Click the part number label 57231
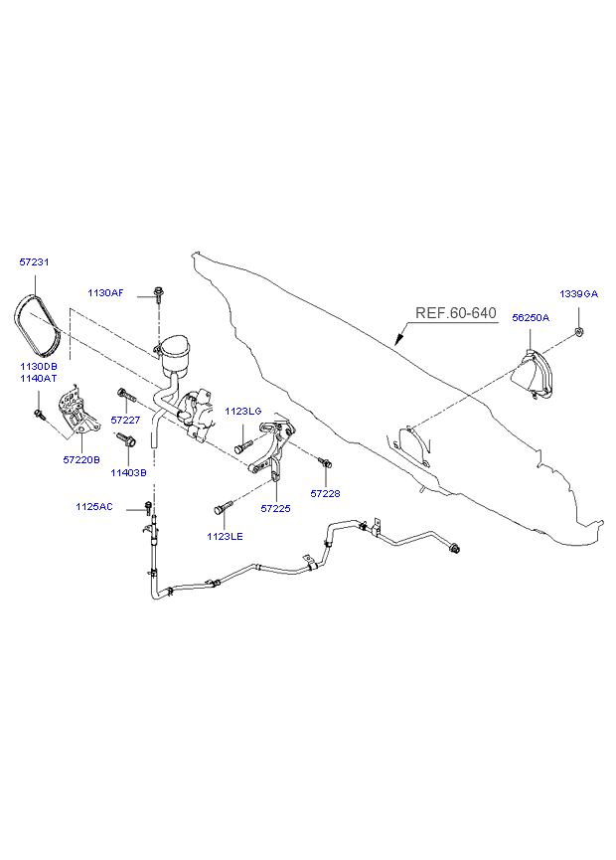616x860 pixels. click(34, 262)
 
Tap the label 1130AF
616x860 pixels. click(105, 293)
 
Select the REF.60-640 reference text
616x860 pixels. click(455, 313)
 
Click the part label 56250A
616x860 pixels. click(531, 317)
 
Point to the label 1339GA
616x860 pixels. click(578, 294)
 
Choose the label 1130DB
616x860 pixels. click(39, 367)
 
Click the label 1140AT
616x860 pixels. click(39, 379)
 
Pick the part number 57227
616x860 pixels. click(126, 421)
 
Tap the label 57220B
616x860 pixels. click(80, 461)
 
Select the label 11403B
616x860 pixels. click(128, 473)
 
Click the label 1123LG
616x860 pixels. click(242, 412)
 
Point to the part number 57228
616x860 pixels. click(325, 494)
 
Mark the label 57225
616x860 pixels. click(275, 508)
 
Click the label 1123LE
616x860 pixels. click(225, 537)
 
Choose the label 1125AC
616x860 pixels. click(94, 508)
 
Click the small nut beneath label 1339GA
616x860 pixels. click(579, 330)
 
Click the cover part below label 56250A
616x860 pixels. click(531, 378)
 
